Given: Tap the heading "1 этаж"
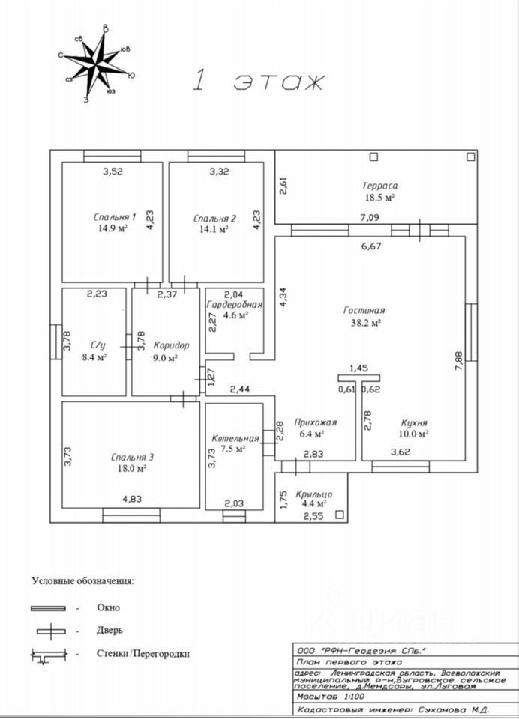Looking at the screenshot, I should coord(258,81).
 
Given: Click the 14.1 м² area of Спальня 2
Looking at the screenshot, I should coord(214,230).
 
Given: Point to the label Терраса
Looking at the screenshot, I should coord(379,186).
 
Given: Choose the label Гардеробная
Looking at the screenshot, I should coord(235,304).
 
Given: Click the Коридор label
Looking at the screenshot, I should coord(170,345).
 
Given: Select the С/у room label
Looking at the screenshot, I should coord(97,345).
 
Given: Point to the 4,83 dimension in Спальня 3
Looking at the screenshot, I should coord(132,498).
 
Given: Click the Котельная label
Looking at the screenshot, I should coord(235,438).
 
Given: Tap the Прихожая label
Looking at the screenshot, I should coord(315,422).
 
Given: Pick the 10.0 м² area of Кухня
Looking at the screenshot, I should coord(413,433).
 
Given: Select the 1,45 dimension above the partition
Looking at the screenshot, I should coord(358,368).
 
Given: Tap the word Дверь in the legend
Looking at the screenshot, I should coord(109,631).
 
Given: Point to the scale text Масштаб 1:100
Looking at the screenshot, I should coord(328,696).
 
